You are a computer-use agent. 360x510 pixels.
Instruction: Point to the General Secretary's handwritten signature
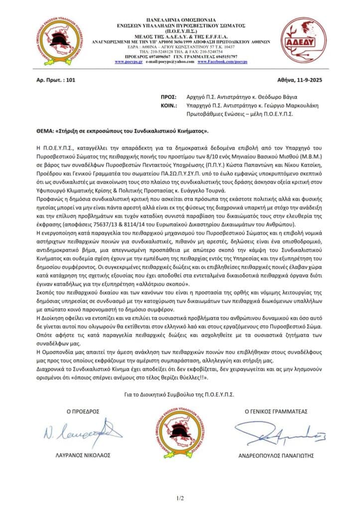click(x=273, y=432)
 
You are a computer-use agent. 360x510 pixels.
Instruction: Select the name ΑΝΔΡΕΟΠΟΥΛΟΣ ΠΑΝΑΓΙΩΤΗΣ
click(x=279, y=455)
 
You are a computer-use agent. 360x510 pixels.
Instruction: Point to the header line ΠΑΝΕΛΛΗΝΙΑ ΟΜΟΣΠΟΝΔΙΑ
click(x=180, y=18)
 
